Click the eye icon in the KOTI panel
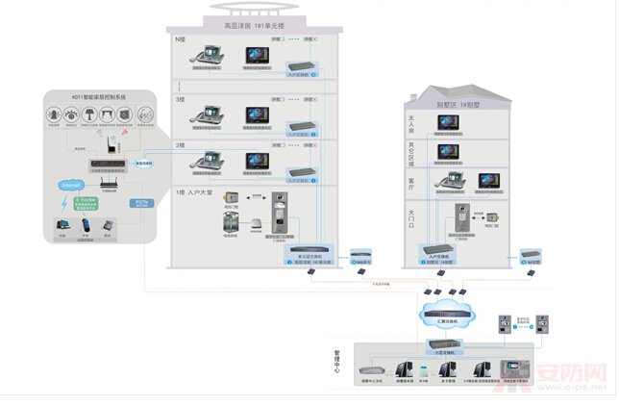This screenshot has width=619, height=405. click(72, 116)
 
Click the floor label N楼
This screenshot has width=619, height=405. click(180, 40)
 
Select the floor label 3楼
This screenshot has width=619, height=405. click(180, 99)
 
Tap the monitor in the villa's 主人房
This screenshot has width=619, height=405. click(449, 122)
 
